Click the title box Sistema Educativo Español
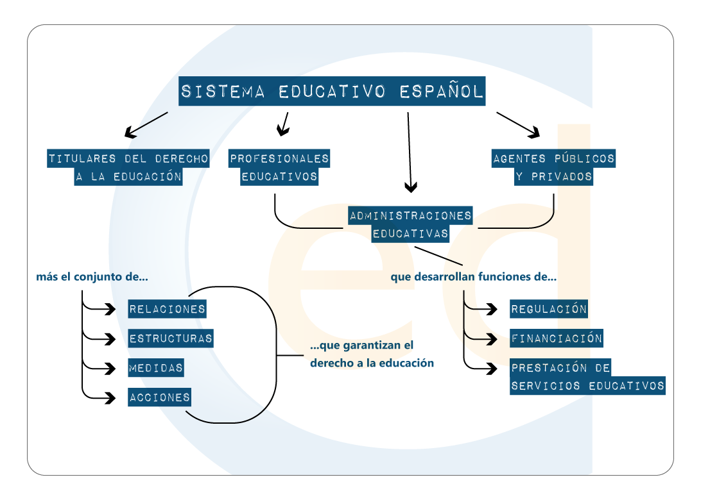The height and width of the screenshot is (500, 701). (331, 92)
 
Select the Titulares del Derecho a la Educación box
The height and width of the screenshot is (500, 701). (129, 167)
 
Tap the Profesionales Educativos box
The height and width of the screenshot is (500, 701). (279, 167)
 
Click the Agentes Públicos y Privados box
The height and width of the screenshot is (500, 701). (553, 167)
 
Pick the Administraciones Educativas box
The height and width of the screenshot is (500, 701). (410, 224)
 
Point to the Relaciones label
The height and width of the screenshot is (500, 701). (167, 309)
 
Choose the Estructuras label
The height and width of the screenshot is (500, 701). (171, 338)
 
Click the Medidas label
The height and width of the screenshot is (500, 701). (156, 368)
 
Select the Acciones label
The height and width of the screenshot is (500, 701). (160, 397)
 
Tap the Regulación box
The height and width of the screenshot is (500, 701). (549, 309)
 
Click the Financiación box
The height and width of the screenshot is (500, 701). (557, 338)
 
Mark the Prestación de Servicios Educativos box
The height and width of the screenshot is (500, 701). (587, 377)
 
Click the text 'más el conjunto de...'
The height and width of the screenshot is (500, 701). (92, 278)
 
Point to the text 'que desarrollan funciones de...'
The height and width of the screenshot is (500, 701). (473, 278)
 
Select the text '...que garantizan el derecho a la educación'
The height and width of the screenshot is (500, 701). (372, 354)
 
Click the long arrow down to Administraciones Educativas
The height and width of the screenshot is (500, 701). (410, 154)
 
